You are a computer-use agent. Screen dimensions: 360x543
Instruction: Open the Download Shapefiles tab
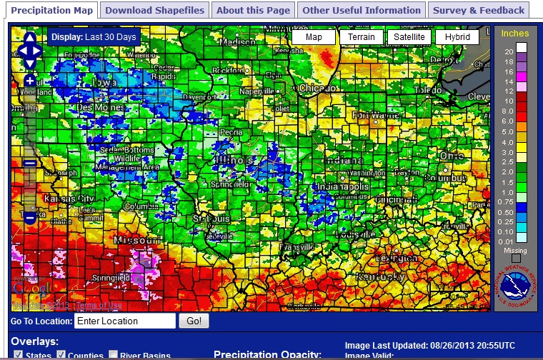(155, 10)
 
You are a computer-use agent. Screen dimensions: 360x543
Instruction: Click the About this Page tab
(254, 10)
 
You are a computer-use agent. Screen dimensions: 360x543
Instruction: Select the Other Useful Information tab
(361, 10)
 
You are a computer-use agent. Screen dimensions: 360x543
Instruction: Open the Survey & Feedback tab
(478, 10)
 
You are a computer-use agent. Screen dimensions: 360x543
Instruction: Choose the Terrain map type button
(361, 37)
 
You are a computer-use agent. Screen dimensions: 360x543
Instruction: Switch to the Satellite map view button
(409, 37)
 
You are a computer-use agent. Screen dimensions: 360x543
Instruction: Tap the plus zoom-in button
(30, 81)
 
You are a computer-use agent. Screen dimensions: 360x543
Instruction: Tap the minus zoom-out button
(30, 216)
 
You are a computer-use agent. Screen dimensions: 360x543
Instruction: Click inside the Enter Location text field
(125, 321)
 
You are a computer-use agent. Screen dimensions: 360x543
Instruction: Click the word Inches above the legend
(514, 34)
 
